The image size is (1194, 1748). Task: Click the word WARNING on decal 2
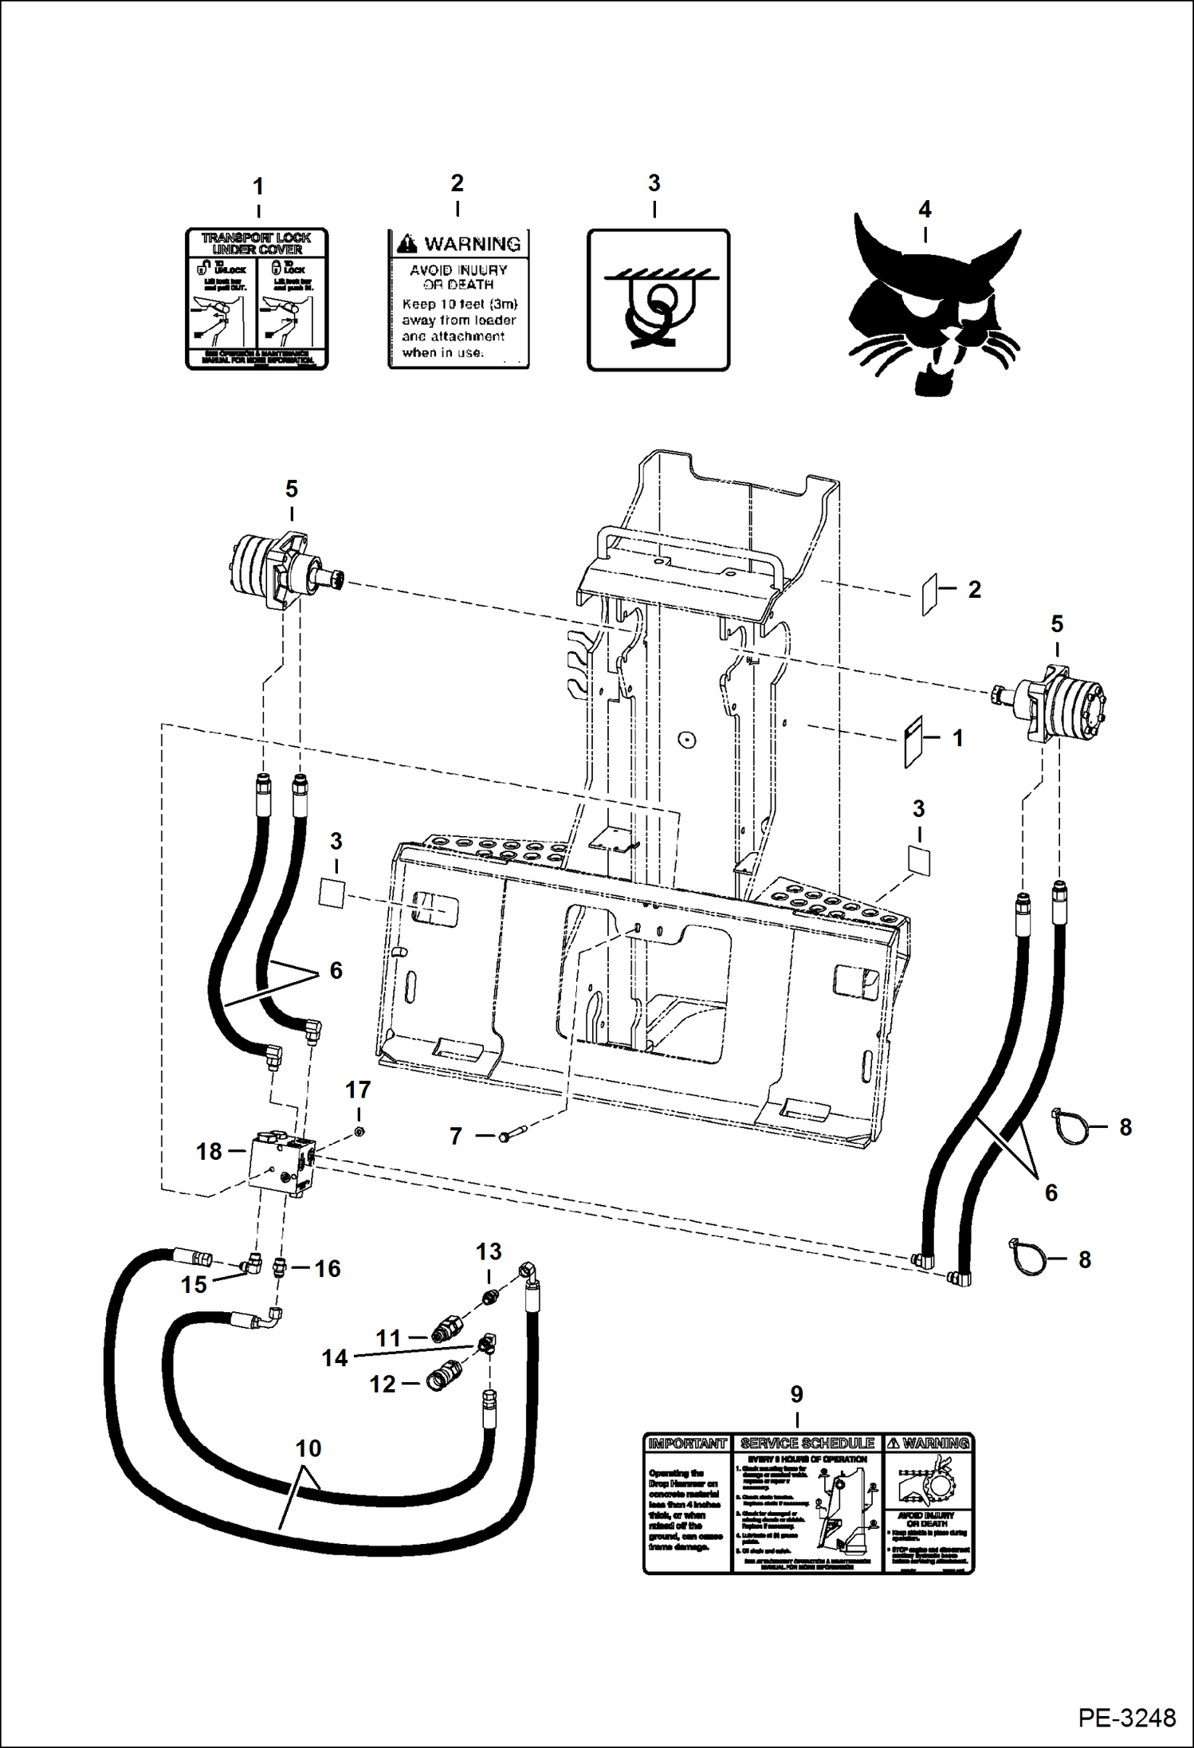472,244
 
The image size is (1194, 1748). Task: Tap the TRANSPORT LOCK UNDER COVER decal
257,299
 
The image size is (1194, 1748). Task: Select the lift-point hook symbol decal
658,300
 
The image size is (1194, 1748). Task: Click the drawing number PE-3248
1127,1718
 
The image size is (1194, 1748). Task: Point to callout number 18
209,1152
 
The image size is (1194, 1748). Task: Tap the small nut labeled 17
359,1131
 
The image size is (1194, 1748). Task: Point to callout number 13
489,1251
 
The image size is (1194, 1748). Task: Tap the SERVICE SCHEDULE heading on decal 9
807,1444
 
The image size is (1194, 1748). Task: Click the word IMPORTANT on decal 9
686,1444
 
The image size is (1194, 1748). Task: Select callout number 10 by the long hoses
308,1448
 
